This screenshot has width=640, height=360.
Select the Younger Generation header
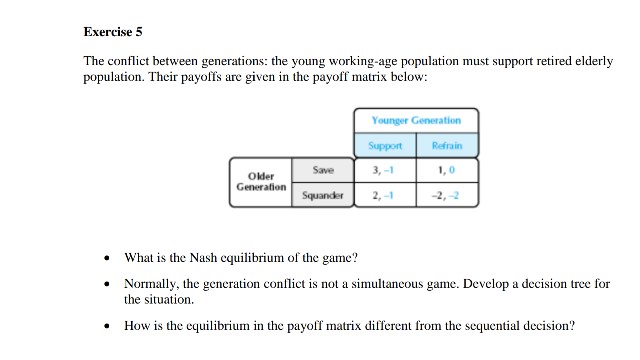tap(417, 120)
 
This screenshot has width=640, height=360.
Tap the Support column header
tap(386, 145)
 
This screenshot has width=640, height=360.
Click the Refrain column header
tap(447, 145)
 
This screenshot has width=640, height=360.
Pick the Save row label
tap(322, 170)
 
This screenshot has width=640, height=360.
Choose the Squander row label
tap(322, 195)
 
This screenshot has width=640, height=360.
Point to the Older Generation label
tap(261, 181)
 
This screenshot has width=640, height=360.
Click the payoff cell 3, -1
tap(386, 170)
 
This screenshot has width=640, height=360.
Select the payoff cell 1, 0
tap(447, 170)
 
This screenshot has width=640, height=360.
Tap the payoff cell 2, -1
tap(386, 195)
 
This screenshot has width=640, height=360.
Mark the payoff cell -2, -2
tap(447, 195)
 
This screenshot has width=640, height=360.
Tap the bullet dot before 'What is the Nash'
tap(107, 258)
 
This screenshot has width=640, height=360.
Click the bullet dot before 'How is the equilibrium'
tap(107, 326)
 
